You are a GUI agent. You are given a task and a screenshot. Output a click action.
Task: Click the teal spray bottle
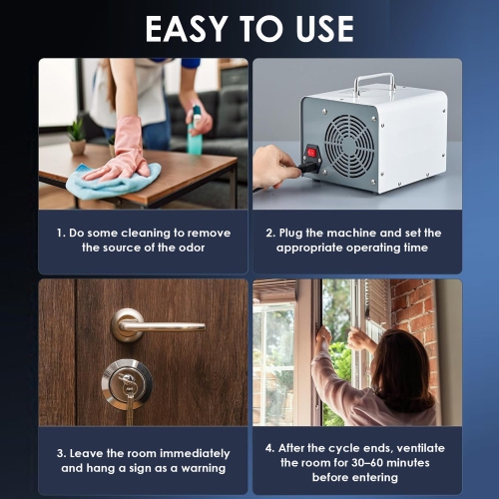point(195,133)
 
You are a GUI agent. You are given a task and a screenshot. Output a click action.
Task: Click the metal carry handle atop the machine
point(372,83)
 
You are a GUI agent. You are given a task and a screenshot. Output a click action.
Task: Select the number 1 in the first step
point(59,233)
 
